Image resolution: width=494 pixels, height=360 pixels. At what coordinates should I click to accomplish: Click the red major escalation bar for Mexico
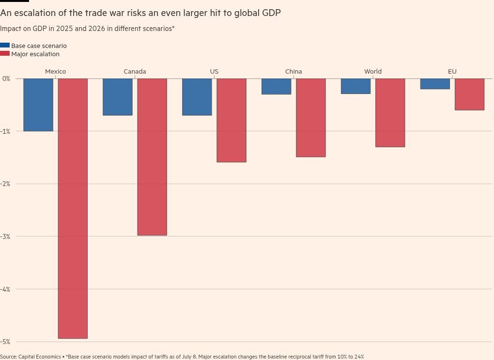73,208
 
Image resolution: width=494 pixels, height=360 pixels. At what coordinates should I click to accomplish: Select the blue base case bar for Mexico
38,105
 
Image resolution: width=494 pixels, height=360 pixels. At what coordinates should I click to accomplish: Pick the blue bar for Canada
118,97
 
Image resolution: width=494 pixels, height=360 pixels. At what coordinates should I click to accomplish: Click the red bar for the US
232,120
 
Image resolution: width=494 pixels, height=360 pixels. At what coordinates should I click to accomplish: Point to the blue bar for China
277,86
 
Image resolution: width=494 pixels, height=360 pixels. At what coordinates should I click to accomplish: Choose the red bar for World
390,112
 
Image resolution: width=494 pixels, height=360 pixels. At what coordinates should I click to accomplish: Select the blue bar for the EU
435,84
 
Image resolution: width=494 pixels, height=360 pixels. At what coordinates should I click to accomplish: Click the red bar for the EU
469,94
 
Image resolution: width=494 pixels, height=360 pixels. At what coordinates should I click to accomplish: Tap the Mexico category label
55,71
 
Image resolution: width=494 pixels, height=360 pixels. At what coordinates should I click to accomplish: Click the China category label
293,71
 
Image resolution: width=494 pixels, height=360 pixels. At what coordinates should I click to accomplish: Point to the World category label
373,71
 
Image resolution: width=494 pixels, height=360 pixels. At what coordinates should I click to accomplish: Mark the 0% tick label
6,78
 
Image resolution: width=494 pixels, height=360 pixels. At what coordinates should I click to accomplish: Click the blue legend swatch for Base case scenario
5,46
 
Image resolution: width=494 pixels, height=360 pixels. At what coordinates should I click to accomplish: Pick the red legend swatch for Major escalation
5,54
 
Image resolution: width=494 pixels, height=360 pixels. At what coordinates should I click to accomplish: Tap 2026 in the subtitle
97,29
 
